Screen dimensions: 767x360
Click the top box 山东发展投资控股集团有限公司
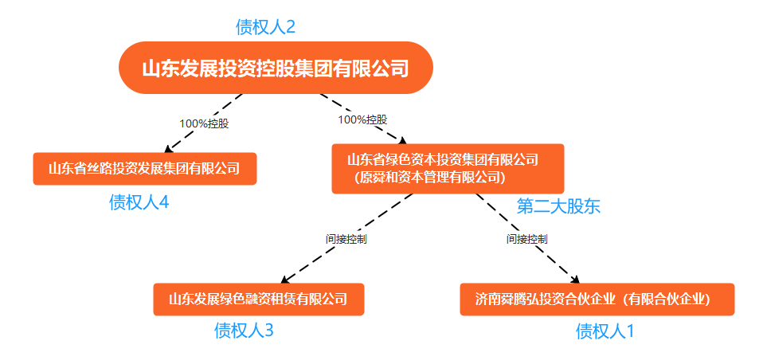click(276, 68)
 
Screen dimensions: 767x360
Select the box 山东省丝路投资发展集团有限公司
click(145, 169)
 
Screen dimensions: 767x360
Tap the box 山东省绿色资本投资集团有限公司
click(448, 168)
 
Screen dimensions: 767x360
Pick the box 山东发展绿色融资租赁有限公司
click(259, 299)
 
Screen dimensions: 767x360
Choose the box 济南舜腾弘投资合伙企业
click(597, 299)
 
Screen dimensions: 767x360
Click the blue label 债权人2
click(265, 27)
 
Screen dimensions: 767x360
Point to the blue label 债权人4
click(139, 202)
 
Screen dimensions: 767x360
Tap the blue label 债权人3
click(244, 331)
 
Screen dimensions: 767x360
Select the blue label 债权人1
click(605, 331)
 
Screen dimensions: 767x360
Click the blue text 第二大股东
click(558, 206)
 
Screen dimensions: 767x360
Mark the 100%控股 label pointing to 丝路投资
click(204, 123)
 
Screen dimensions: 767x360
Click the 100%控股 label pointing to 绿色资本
click(362, 119)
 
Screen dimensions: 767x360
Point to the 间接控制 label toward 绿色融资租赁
click(346, 239)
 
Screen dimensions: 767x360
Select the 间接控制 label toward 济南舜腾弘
click(526, 239)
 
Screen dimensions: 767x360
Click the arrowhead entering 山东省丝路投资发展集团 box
click(168, 149)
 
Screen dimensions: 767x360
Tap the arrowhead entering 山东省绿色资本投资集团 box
click(403, 140)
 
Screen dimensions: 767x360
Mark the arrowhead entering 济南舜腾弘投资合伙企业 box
click(576, 280)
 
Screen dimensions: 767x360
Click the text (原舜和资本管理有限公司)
click(429, 177)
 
